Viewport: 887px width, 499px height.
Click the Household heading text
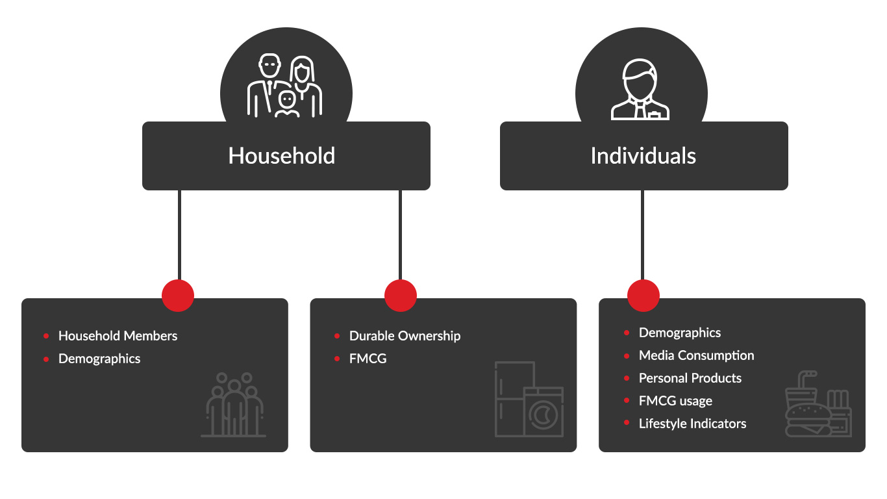pos(281,156)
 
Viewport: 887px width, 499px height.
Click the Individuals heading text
pos(643,156)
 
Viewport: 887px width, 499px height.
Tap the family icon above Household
pos(285,86)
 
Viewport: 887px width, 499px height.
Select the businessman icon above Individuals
pos(640,90)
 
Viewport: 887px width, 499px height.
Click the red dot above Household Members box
pos(178,296)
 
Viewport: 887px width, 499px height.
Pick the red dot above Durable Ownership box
pos(401,296)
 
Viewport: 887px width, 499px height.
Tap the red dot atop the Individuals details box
pos(643,296)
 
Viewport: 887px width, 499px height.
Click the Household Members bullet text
pos(118,336)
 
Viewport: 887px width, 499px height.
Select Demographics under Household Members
pos(99,359)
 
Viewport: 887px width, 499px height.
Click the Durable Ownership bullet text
pos(405,336)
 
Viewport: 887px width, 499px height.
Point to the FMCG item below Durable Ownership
pos(368,359)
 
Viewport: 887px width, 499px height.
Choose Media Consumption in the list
pos(696,355)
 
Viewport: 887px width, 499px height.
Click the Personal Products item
pos(690,378)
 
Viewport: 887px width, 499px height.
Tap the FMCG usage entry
pos(675,401)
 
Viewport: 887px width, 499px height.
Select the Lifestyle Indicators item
pos(692,424)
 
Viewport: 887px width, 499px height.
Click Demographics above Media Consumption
pos(679,333)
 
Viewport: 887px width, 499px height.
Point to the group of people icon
pos(234,404)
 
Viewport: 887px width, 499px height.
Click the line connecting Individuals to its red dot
pos(643,234)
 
